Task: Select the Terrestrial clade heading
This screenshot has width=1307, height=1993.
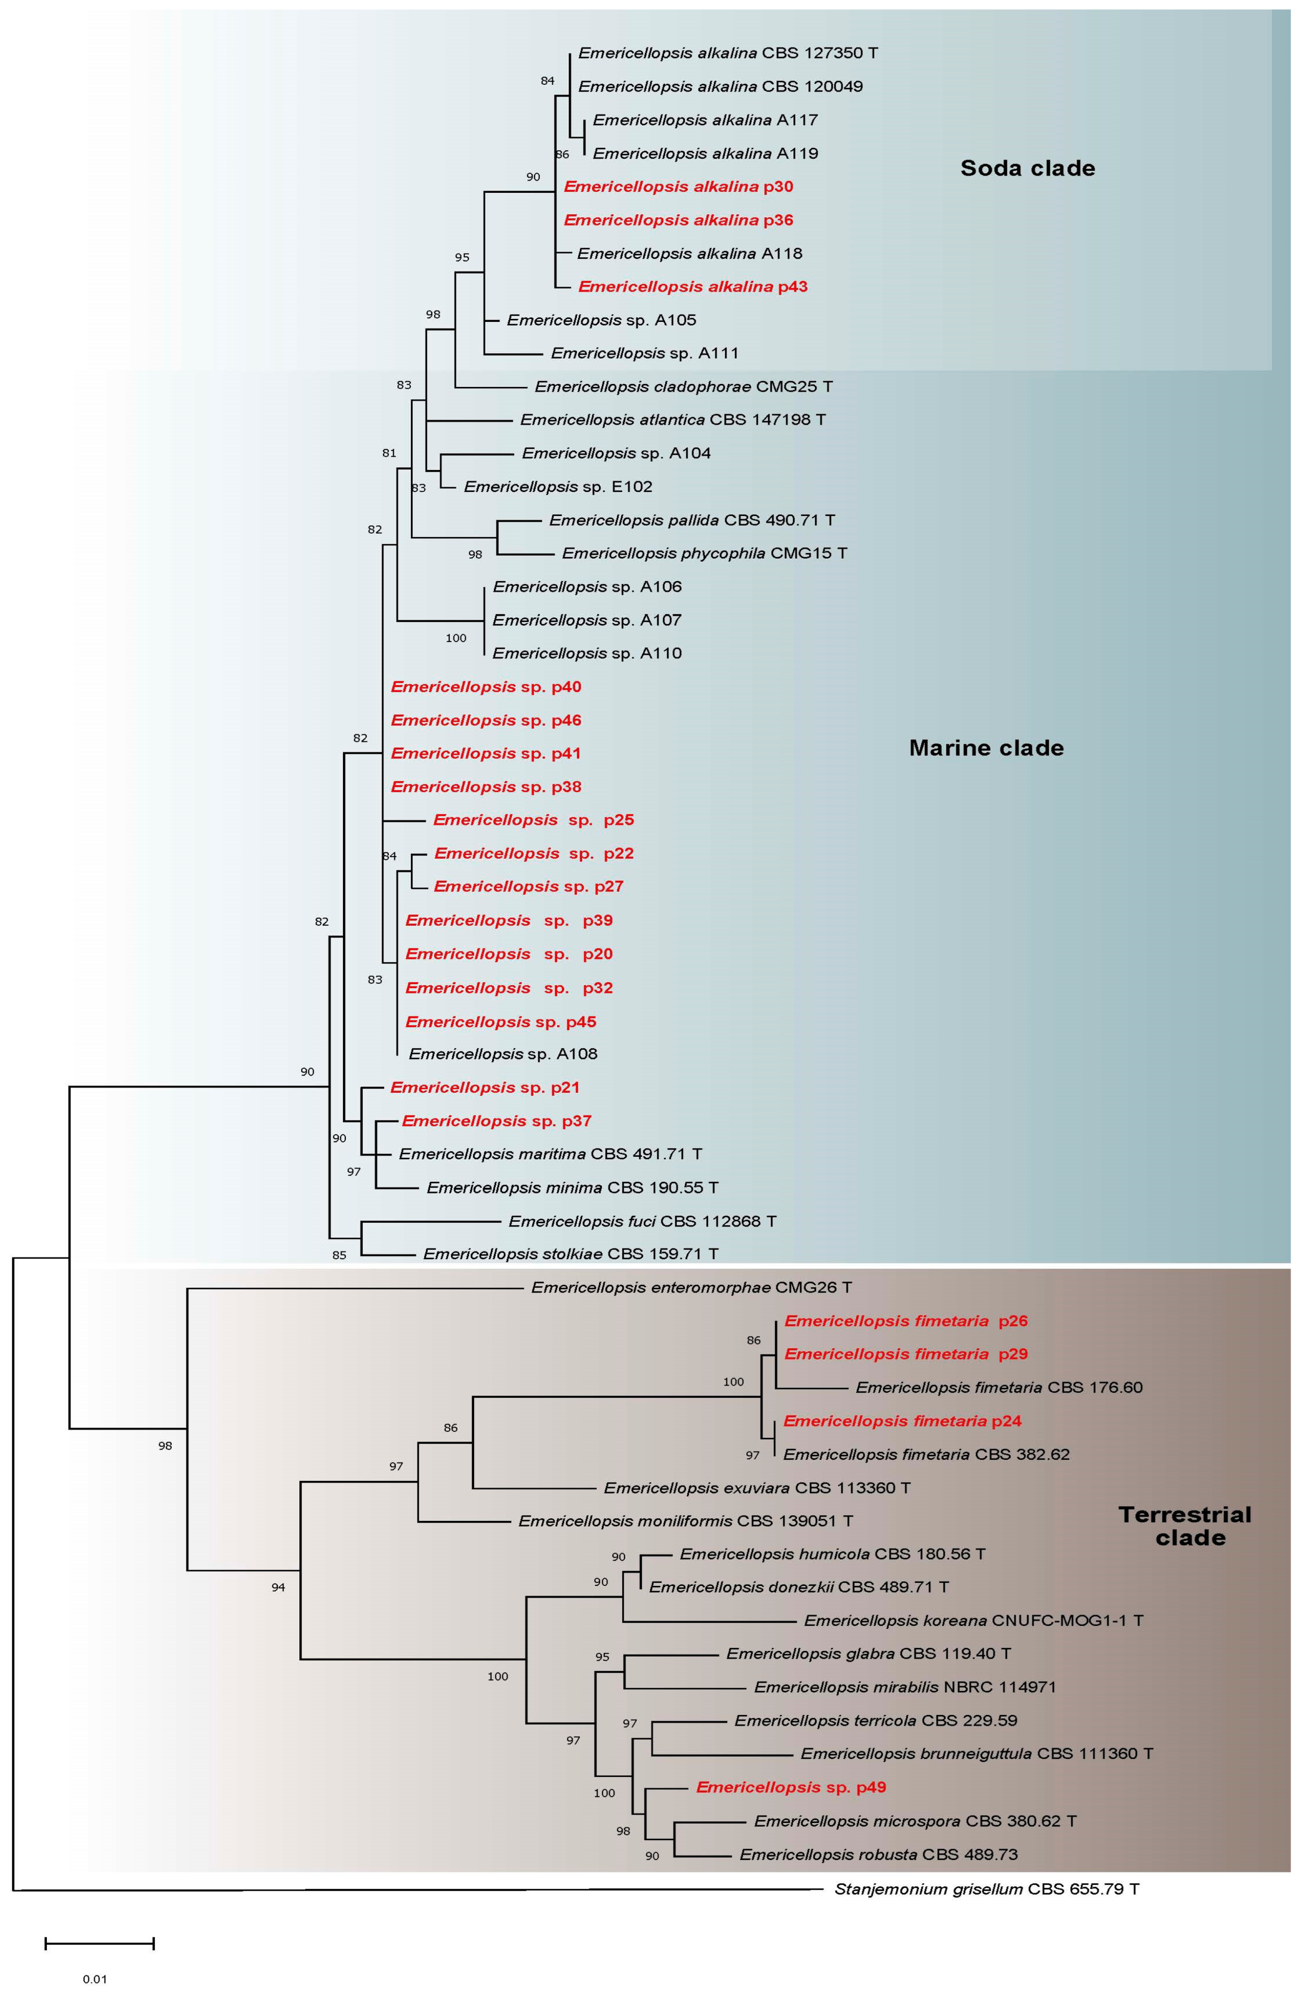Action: [1184, 1526]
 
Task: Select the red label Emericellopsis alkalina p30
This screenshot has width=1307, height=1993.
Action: [678, 187]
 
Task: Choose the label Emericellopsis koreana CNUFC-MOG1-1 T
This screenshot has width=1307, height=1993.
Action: [973, 1621]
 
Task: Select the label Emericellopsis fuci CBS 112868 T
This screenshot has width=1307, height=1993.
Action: [642, 1221]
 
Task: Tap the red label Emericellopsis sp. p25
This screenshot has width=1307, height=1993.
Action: [533, 820]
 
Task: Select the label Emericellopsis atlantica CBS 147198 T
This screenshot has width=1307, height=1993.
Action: [672, 419]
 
